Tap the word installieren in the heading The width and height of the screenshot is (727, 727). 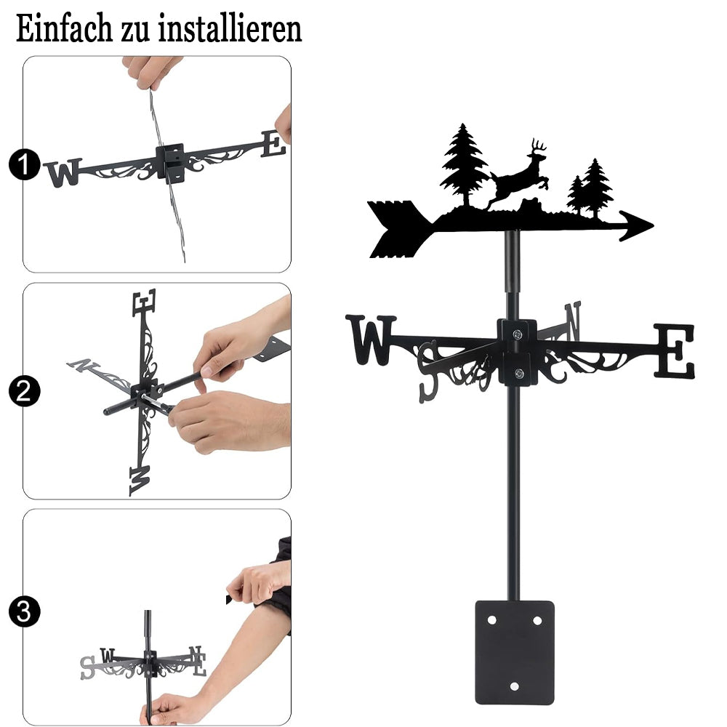(x=230, y=29)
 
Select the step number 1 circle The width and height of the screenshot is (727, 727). (x=24, y=164)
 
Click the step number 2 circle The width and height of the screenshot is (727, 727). (x=24, y=391)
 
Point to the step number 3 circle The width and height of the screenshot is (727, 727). (x=24, y=611)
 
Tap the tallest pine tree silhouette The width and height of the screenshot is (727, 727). (x=464, y=164)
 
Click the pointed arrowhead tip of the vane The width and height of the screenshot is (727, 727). (x=653, y=226)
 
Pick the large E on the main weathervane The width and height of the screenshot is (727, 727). (x=675, y=351)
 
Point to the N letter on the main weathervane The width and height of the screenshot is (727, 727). (x=573, y=320)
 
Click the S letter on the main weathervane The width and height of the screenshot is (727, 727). (x=428, y=371)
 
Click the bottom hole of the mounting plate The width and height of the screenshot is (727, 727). (x=514, y=686)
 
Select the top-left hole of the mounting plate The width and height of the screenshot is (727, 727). (x=492, y=620)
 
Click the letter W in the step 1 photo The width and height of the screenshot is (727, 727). (x=63, y=172)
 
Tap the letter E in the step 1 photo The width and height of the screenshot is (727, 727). (x=273, y=144)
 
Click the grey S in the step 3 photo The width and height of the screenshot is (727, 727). (x=88, y=667)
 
